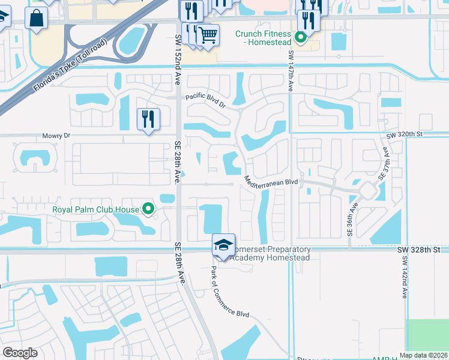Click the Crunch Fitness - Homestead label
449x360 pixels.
pos(263,39)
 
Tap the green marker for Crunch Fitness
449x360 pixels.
pos(301,39)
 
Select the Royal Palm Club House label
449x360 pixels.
pos(96,210)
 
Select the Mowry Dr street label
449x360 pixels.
pos(56,136)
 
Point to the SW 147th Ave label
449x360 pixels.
pos(291,70)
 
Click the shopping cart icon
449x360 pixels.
pos(208,35)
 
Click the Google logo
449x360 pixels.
pos(20,353)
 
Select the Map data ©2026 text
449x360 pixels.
pos(424,355)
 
